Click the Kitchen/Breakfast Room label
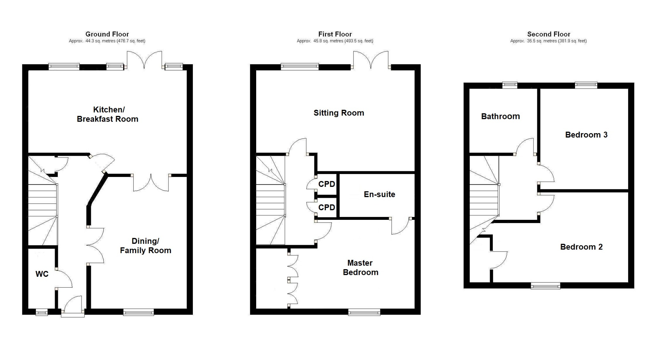(x=107, y=114)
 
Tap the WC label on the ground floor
(x=42, y=274)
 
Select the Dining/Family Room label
(x=146, y=246)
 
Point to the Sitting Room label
(x=339, y=113)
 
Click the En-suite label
(x=380, y=194)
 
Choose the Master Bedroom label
(x=360, y=268)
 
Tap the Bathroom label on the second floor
(x=501, y=116)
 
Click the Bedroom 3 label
(x=586, y=135)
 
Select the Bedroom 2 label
(x=581, y=247)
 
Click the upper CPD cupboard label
(x=327, y=184)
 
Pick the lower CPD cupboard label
(x=327, y=207)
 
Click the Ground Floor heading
(x=107, y=34)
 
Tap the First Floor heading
(x=335, y=34)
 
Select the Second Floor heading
(x=549, y=34)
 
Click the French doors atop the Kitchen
(x=144, y=60)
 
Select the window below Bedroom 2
(x=545, y=286)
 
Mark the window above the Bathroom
(x=510, y=85)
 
